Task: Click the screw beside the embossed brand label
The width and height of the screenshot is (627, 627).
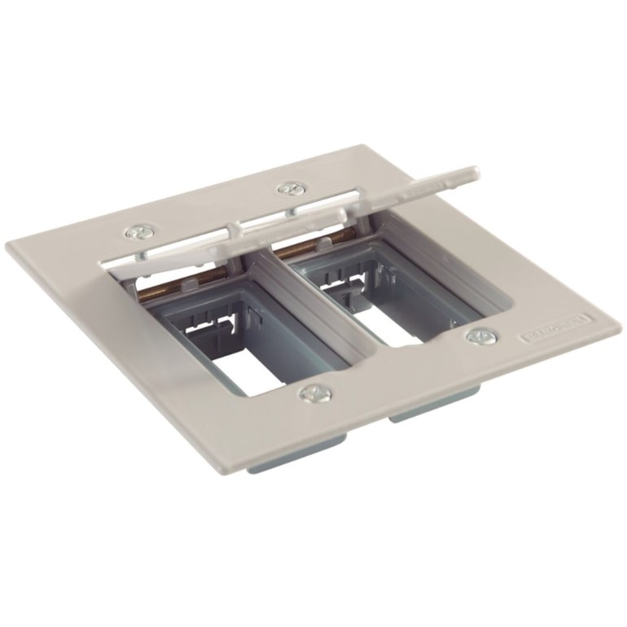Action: (x=480, y=335)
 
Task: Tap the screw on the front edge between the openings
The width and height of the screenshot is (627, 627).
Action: (x=314, y=393)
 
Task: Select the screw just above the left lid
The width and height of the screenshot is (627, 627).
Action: (x=138, y=233)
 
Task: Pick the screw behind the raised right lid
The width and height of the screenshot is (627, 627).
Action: (x=290, y=189)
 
